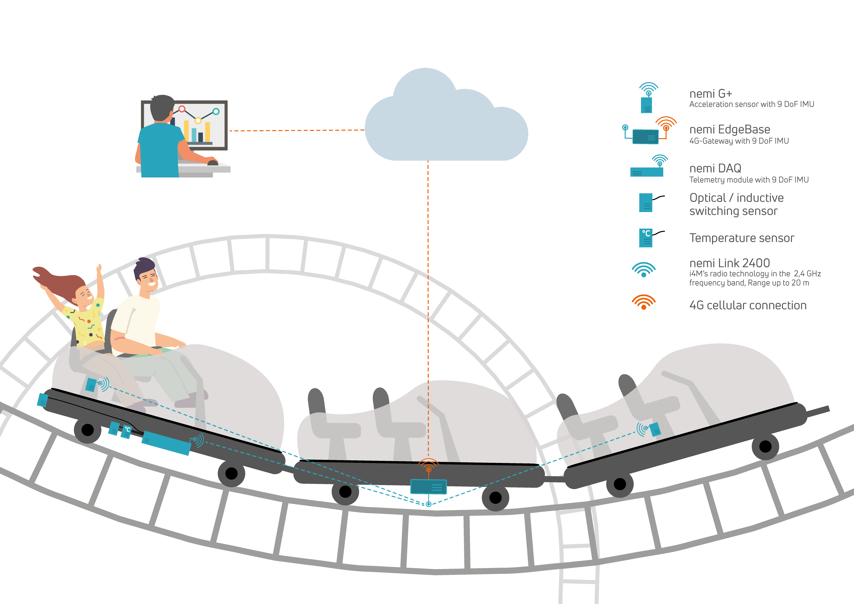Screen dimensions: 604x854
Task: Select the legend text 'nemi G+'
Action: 710,94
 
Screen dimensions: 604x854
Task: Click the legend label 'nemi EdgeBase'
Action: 729,130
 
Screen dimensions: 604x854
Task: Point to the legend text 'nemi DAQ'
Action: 715,168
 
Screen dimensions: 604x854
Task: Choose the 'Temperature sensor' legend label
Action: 741,238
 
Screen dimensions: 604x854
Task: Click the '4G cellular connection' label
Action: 748,305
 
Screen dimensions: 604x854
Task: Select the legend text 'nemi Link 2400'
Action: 729,263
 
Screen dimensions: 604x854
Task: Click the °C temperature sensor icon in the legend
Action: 646,238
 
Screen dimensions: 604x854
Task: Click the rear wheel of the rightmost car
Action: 619,484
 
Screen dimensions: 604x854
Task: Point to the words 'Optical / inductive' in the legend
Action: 736,198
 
